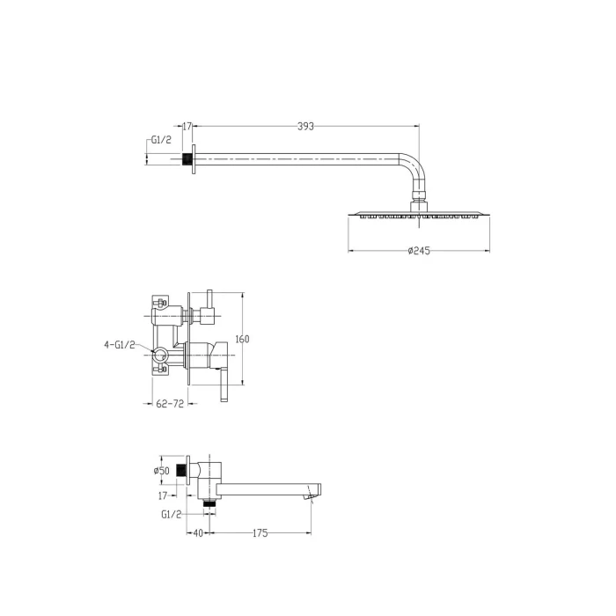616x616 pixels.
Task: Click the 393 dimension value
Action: [305, 126]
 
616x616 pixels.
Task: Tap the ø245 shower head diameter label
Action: [419, 251]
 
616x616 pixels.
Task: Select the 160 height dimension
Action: [242, 339]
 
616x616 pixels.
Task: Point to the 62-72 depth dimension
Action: [170, 403]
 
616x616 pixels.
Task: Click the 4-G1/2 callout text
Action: [119, 345]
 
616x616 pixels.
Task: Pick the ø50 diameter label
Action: [161, 470]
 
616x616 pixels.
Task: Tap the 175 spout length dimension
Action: [260, 532]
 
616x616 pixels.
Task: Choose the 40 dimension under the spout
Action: [198, 532]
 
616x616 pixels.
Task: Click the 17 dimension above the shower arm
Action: [187, 126]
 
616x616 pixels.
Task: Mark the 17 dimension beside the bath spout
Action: [163, 495]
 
